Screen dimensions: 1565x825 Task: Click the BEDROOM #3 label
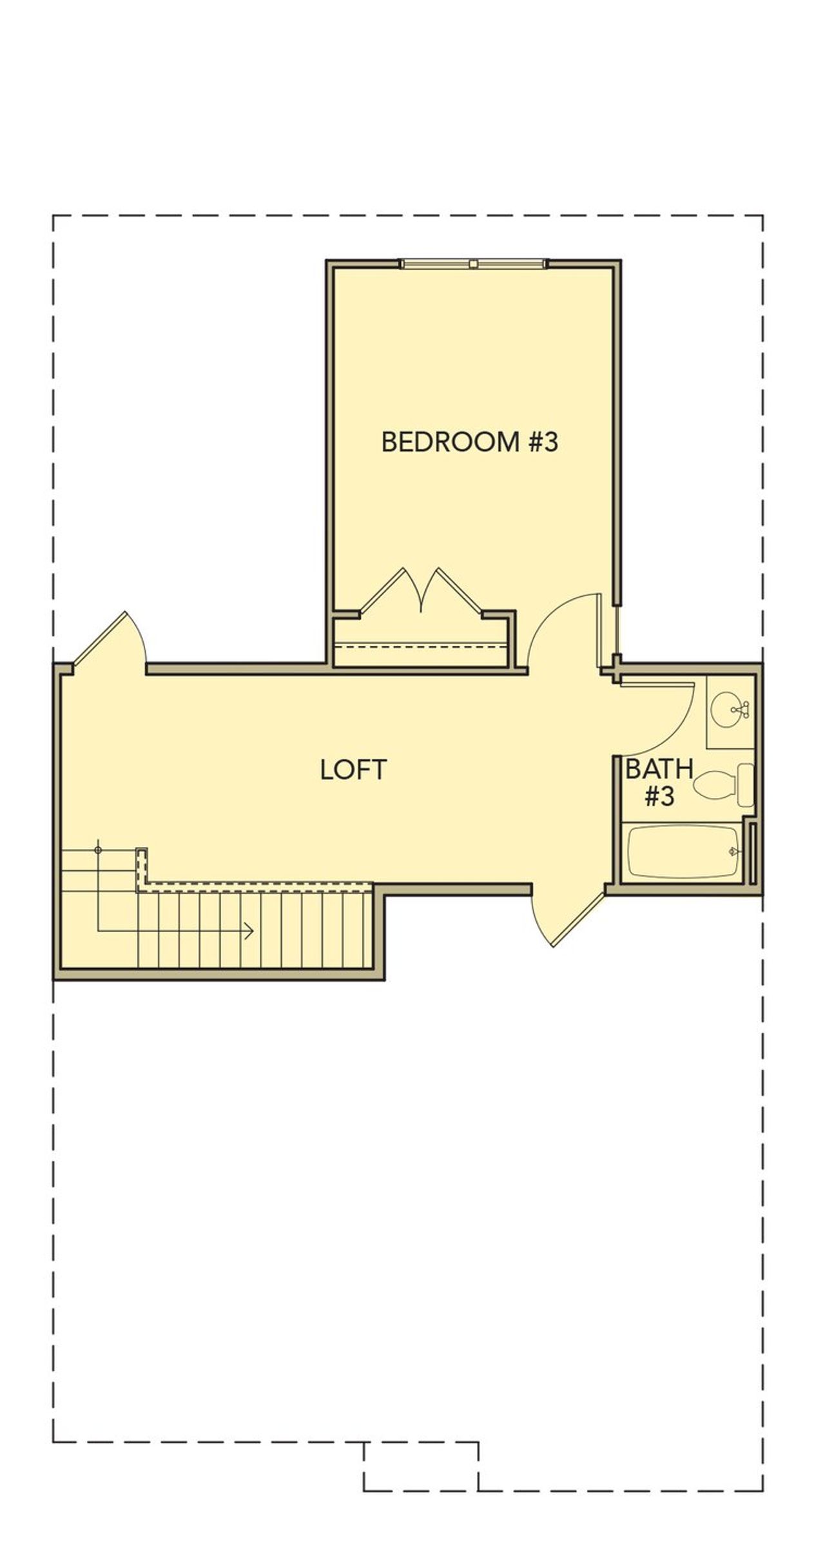[x=469, y=442]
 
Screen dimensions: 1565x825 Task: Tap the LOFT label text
[x=353, y=770]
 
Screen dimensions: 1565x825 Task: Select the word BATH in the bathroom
[x=659, y=769]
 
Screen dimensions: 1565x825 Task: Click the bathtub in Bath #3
[x=683, y=852]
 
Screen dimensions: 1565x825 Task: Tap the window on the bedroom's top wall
[x=473, y=263]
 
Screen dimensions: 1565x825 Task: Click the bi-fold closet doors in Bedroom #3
[x=421, y=590]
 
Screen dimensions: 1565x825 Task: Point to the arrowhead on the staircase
[x=250, y=931]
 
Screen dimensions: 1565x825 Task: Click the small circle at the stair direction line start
[x=98, y=850]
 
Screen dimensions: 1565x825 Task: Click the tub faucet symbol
[x=732, y=851]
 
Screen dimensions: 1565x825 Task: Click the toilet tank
[x=746, y=784]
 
